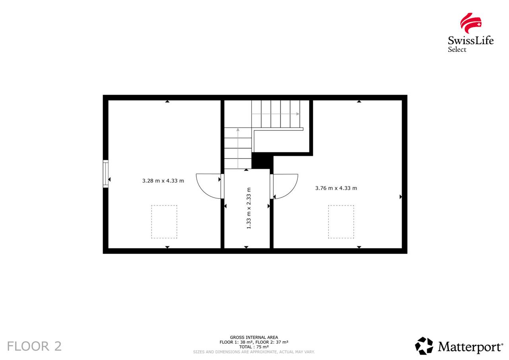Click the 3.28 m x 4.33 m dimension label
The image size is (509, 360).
[163, 181]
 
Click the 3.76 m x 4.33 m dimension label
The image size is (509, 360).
[336, 188]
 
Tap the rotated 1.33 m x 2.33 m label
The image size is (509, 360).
[249, 208]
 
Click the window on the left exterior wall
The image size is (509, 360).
[106, 174]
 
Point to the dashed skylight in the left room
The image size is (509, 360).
[164, 222]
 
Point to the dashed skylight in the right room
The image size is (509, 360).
[341, 222]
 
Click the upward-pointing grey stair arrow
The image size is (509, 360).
[238, 148]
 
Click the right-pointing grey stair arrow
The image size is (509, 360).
[276, 114]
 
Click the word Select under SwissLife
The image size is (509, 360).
[457, 49]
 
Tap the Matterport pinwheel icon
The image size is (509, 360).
[424, 346]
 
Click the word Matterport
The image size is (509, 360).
[470, 347]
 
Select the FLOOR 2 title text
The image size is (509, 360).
[34, 346]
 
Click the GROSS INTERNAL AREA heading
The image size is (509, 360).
[254, 337]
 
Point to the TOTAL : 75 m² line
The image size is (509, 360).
[254, 347]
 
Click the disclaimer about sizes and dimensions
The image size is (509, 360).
[254, 352]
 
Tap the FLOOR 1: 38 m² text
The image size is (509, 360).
[235, 342]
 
